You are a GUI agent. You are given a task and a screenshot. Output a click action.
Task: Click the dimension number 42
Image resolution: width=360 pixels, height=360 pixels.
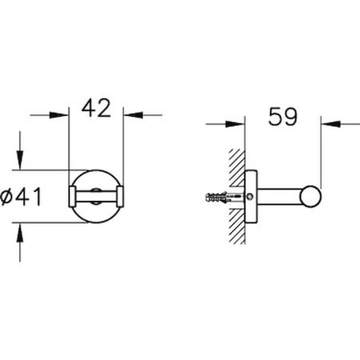pyautogui.click(x=96, y=108)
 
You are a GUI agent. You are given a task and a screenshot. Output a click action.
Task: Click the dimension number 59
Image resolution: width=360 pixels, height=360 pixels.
pyautogui.click(x=283, y=117)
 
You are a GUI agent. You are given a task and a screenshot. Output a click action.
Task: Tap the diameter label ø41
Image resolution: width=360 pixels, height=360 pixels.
pyautogui.click(x=21, y=196)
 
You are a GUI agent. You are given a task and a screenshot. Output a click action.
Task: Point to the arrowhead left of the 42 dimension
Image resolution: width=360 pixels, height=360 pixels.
pyautogui.click(x=59, y=115)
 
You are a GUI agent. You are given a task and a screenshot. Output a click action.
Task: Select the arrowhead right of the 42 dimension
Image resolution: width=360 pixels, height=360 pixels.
pyautogui.click(x=133, y=115)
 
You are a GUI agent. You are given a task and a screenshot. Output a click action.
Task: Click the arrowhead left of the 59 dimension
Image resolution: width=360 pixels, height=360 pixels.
pyautogui.click(x=235, y=124)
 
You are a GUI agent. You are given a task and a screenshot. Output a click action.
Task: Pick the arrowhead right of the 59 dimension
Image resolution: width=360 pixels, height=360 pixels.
pyautogui.click(x=331, y=124)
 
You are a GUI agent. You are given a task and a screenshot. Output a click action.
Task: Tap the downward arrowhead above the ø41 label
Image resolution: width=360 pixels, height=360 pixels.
pyautogui.click(x=20, y=160)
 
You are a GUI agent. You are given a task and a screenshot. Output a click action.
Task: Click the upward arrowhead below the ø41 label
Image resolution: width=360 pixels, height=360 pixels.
pyautogui.click(x=20, y=231)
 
